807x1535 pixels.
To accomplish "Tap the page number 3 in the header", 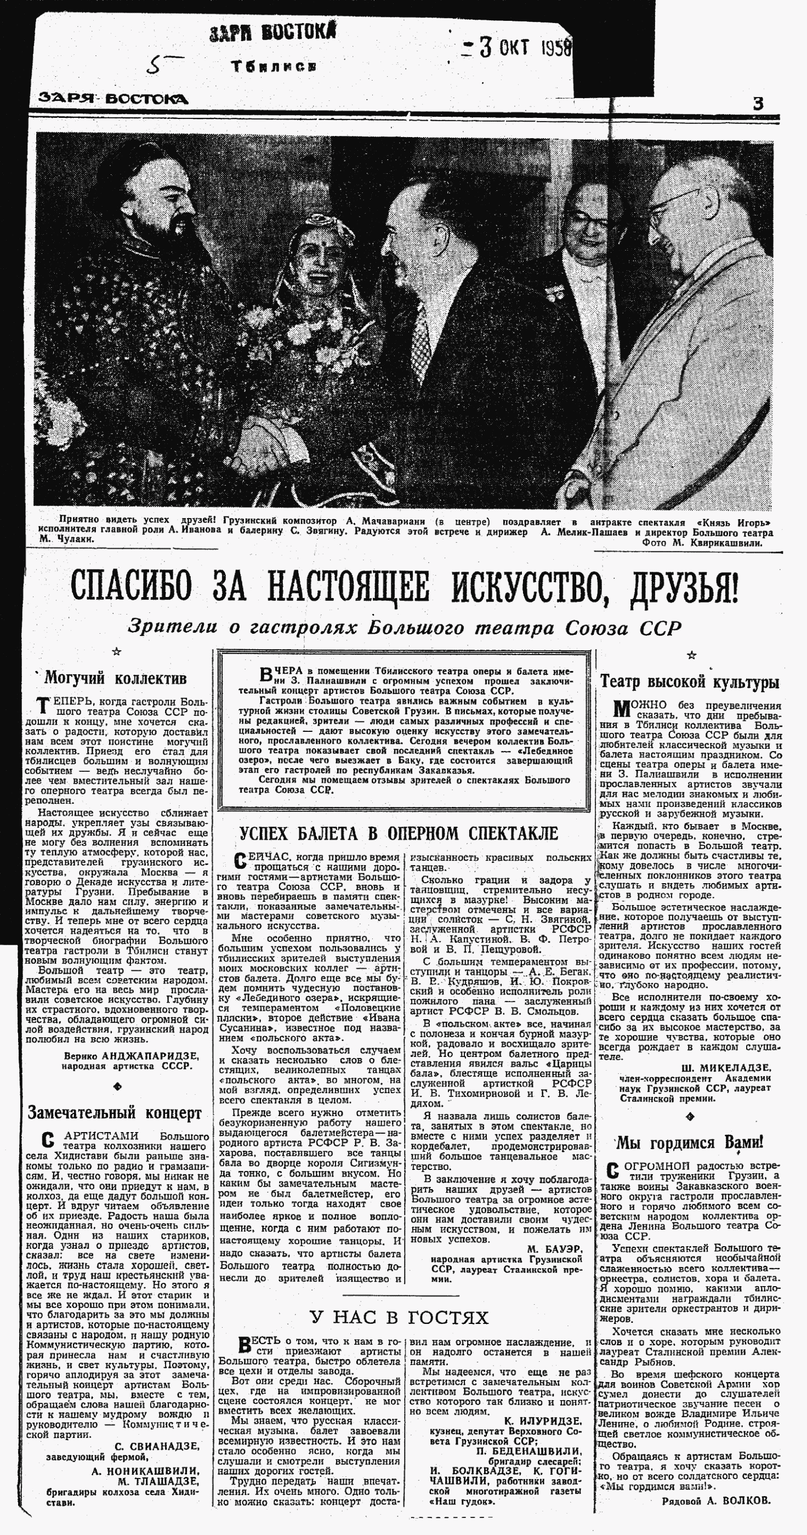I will point(758,104).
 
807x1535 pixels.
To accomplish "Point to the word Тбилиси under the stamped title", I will point(274,67).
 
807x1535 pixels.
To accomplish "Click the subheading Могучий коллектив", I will point(116,678).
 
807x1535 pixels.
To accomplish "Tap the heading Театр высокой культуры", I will point(690,681).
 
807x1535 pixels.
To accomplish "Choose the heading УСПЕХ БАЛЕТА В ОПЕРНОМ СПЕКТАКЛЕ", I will point(398,833).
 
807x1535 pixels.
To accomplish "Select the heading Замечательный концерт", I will point(115,1112).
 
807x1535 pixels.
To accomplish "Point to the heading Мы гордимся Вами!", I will point(690,1143).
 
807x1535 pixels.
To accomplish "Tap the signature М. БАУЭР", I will point(554,1249).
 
